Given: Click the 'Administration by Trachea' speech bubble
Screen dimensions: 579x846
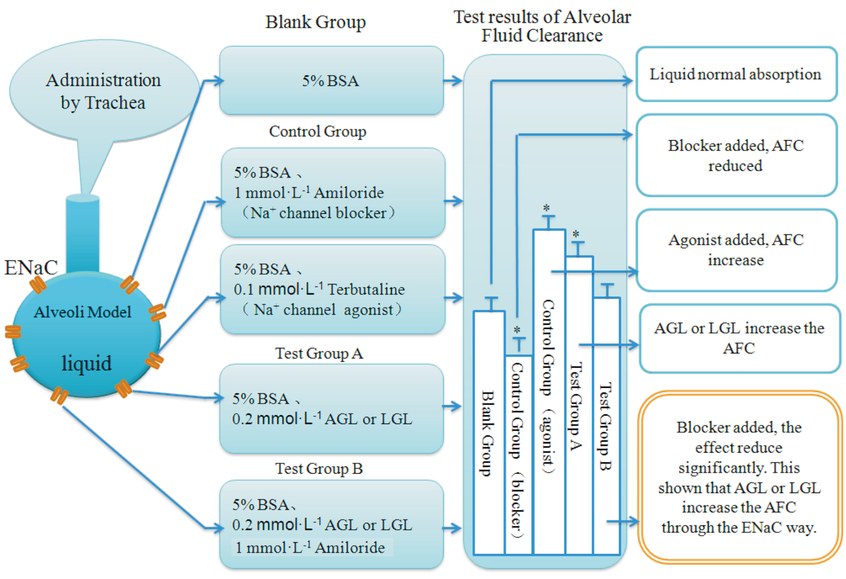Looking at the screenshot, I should [104, 91].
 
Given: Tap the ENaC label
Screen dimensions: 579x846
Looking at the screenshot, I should [31, 268].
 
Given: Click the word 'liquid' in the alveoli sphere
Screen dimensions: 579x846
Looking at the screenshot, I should [86, 363].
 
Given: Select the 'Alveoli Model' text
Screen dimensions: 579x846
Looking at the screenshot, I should [83, 312].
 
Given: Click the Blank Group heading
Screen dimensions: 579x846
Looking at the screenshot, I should [315, 22].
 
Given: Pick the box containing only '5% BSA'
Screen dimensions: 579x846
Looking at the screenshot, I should [331, 81].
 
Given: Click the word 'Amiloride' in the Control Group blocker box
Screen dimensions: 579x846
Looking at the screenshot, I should [349, 193].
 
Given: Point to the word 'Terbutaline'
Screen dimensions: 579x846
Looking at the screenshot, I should [366, 289].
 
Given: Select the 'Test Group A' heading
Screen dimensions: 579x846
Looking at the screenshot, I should [319, 353].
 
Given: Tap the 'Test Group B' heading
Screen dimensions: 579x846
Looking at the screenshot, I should [319, 469].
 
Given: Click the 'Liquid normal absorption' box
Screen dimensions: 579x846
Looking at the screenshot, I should [736, 74].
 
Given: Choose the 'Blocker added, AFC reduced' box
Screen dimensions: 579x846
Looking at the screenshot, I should [736, 155].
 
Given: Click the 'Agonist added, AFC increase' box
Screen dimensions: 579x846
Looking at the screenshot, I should [736, 250].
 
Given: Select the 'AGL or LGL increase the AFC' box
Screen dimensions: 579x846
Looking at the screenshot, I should [739, 338].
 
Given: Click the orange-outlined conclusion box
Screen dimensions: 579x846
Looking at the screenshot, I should [739, 477].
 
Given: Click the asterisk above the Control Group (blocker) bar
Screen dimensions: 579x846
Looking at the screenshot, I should [517, 330].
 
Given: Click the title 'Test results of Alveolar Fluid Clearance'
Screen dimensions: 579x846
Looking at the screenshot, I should [542, 26].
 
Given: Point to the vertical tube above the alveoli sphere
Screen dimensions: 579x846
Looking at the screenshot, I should [82, 233].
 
